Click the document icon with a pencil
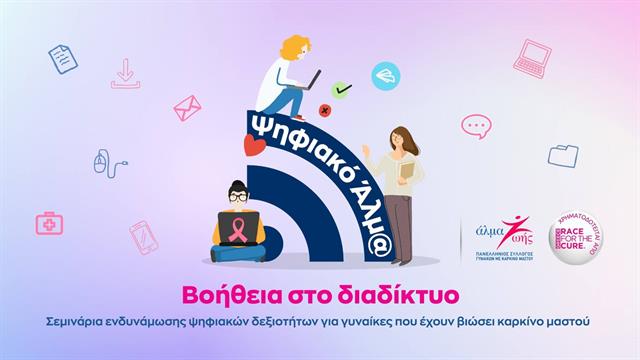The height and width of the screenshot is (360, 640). click(63, 58)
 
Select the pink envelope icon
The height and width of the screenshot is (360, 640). click(186, 108)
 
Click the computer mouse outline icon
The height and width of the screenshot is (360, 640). click(105, 163)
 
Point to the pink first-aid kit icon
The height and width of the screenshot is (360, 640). click(49, 223)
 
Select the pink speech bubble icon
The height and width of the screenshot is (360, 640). click(476, 126)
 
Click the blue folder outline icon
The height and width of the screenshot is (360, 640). click(563, 155)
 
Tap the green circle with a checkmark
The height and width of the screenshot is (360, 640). click(342, 90)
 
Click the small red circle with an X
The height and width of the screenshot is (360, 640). click(324, 109)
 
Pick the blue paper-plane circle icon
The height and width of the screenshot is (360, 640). click(385, 76)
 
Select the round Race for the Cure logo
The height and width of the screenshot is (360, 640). click(576, 237)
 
